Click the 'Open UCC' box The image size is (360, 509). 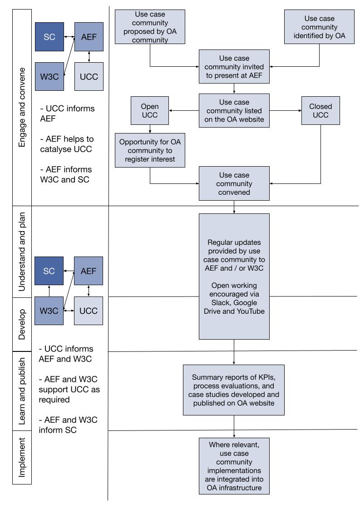coord(149,110)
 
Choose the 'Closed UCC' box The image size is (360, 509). coord(321,110)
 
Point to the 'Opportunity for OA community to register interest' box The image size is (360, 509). coord(150,150)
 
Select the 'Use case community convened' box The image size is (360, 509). coord(234,183)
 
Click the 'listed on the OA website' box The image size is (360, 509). coord(234,111)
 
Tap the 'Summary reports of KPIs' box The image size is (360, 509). coord(234,390)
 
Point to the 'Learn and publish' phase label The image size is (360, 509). coord(21,391)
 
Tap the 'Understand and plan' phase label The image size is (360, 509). coord(21,252)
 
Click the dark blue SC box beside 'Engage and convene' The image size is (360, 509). coord(49,37)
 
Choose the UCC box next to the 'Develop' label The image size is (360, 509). coord(89,311)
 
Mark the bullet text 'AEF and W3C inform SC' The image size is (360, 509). coord(68,425)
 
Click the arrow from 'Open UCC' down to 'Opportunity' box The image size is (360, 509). coord(150,128)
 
